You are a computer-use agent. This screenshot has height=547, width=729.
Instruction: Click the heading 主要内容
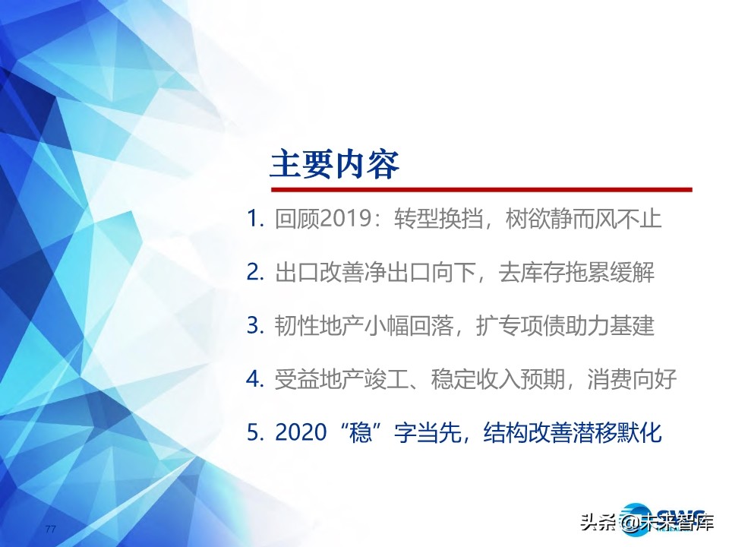[335, 164]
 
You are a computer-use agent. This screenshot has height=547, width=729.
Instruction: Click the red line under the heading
[481, 189]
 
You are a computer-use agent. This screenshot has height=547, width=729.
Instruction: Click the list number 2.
[255, 272]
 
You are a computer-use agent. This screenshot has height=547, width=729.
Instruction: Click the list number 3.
[255, 325]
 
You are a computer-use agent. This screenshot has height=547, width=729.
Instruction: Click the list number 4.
[255, 378]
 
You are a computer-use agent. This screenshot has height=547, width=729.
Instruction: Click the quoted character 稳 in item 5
[369, 432]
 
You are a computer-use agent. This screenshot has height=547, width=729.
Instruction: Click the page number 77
[52, 529]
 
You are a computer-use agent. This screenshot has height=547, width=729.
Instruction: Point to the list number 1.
[254, 220]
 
